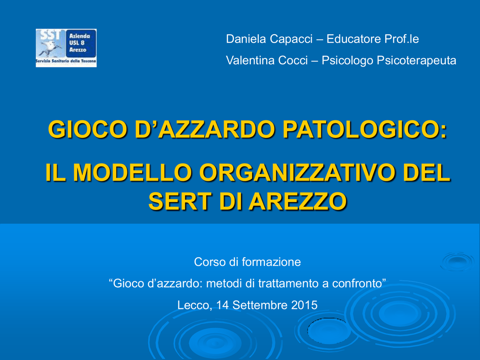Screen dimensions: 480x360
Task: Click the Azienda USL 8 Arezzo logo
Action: coord(66,48)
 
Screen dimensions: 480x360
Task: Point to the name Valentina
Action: coord(250,60)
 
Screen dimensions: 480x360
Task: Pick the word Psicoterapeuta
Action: coord(416,60)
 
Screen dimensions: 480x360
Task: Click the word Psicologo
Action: coord(348,60)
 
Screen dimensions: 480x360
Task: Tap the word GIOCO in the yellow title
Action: coord(88,129)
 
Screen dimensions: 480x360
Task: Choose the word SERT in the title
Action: coord(180,202)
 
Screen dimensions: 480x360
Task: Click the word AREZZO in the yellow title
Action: coord(298,202)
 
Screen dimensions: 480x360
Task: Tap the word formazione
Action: coord(271,262)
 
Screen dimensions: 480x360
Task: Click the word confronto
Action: coord(359,284)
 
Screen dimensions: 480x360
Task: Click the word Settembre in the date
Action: coord(260,305)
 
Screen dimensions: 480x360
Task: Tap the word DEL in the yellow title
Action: coord(427,172)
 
